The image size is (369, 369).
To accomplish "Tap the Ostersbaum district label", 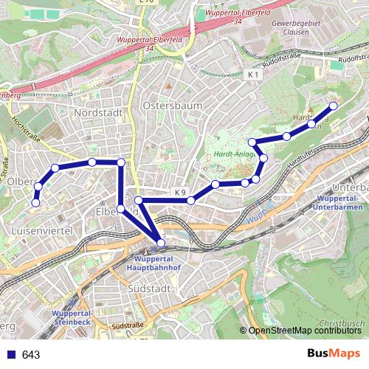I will [175, 106].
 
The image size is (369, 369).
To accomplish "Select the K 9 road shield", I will [180, 193].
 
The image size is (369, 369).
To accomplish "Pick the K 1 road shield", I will [254, 75].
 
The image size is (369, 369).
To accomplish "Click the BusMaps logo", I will [335, 354].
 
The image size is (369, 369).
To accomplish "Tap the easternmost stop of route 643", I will [332, 106].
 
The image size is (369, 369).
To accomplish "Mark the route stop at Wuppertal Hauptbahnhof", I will [162, 242].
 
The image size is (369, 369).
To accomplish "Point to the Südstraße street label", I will [127, 325].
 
